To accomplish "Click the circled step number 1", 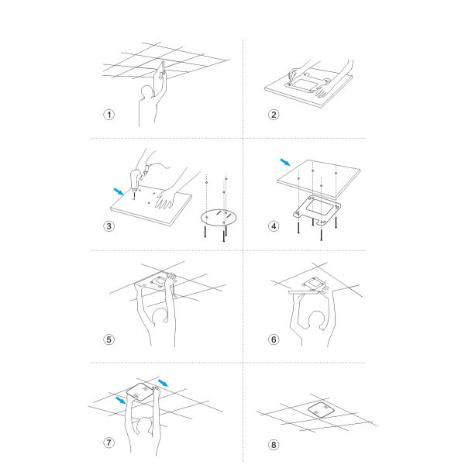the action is (x=109, y=115).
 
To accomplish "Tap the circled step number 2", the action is (x=274, y=115).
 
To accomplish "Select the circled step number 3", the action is (x=108, y=226).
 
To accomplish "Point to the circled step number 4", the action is (x=274, y=226).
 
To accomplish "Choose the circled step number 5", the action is (x=108, y=339).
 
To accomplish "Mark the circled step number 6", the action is (x=274, y=339).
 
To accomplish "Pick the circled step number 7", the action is (x=108, y=443).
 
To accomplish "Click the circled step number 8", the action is (x=274, y=445).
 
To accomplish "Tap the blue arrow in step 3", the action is (x=119, y=191).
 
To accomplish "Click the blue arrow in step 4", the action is (x=285, y=162).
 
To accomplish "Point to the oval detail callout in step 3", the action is (x=219, y=218).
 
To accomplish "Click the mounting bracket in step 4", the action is (x=317, y=210).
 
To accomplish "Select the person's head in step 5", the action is (x=160, y=317).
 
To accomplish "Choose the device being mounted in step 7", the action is (x=141, y=392).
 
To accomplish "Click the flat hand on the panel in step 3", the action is (x=165, y=198).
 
